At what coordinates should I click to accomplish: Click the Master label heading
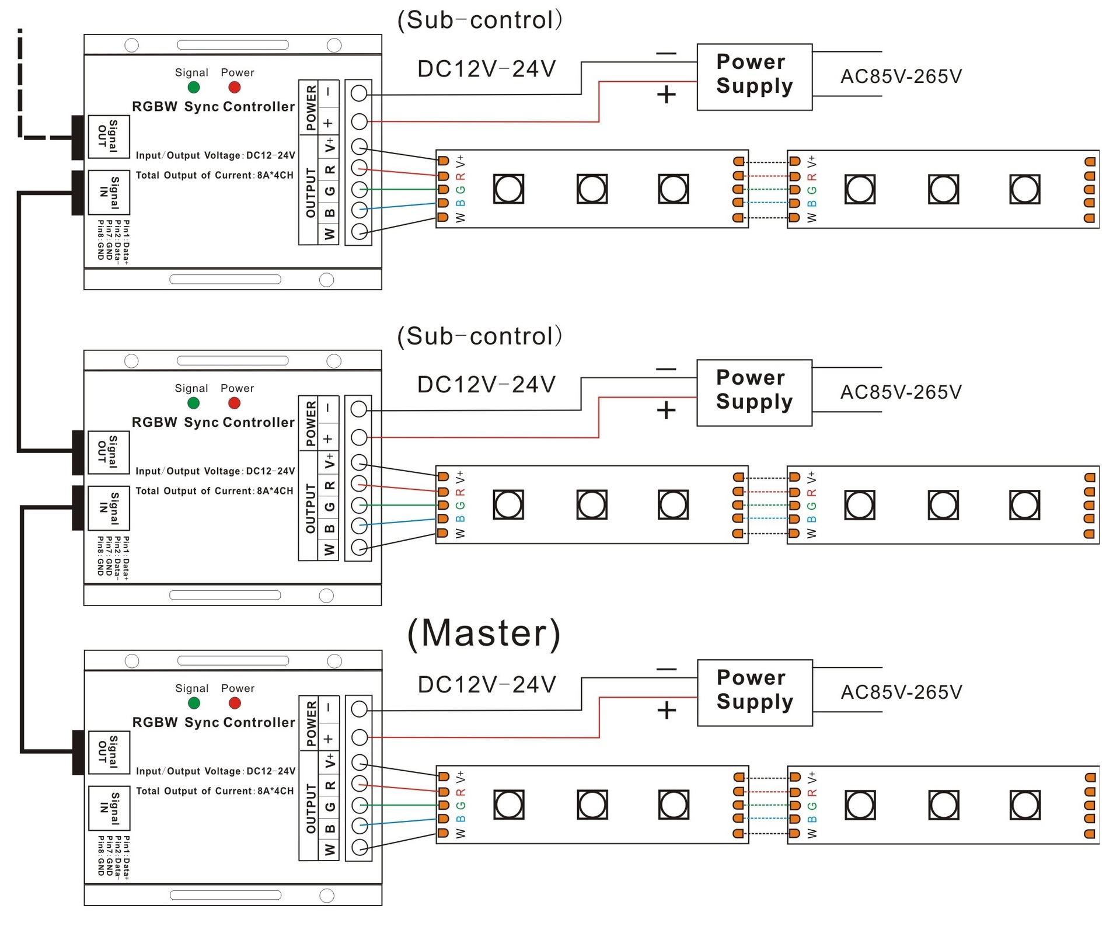click(484, 633)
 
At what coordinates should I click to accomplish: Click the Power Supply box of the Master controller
click(754, 692)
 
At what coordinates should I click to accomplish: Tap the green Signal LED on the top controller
click(194, 88)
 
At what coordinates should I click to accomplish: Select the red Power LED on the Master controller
click(235, 703)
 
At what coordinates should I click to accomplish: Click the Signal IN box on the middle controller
click(109, 508)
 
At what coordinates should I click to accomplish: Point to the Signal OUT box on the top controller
click(109, 137)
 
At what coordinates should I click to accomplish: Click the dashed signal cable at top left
click(20, 88)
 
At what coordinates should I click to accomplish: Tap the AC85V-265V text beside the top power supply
click(901, 76)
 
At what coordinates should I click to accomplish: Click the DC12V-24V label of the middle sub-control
click(486, 385)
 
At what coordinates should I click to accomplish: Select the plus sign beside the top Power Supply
click(666, 95)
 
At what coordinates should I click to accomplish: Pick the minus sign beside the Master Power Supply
click(666, 669)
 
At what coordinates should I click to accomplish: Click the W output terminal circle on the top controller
click(360, 231)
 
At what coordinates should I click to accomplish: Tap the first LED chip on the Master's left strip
click(508, 805)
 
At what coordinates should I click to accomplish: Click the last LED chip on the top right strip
click(1024, 189)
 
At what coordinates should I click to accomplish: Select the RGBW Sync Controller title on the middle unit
click(213, 422)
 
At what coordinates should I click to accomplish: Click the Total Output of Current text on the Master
click(214, 791)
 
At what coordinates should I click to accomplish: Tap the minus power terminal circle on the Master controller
click(360, 709)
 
